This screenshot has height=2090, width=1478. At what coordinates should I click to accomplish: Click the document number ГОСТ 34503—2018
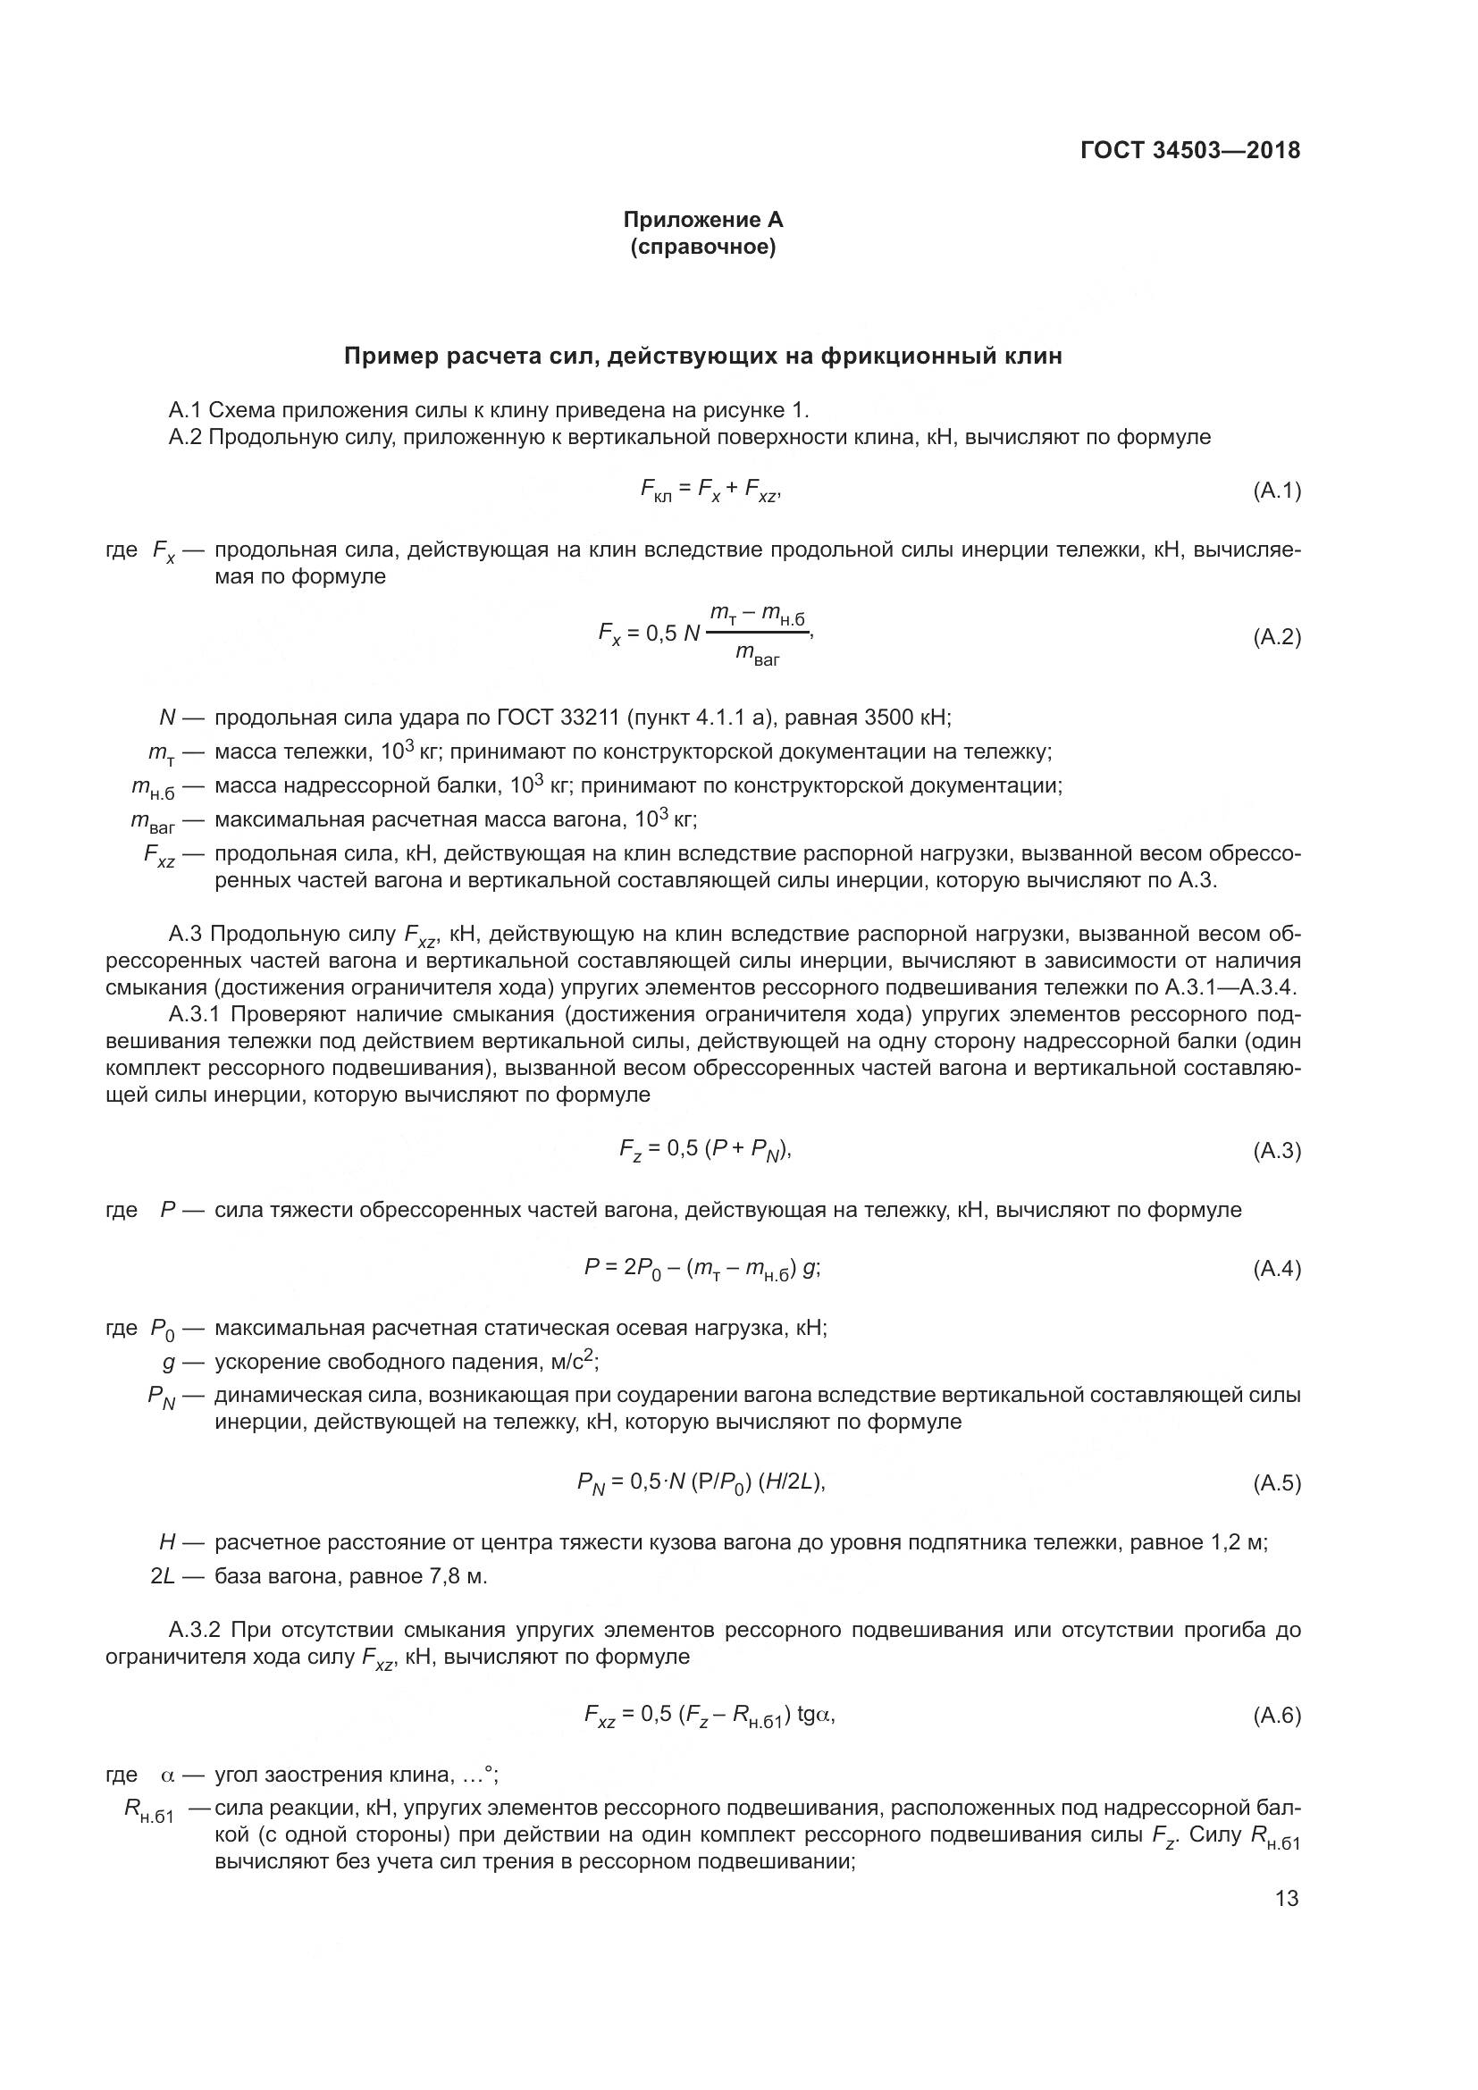tap(1190, 150)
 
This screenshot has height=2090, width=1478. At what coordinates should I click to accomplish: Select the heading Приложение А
tap(702, 220)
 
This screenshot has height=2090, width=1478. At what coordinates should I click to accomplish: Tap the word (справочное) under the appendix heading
tap(702, 247)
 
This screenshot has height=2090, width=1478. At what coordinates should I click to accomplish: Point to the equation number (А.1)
tap(1277, 491)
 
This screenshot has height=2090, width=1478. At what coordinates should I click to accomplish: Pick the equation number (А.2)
tap(1277, 637)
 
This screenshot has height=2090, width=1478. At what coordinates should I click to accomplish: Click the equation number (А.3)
tap(1277, 1151)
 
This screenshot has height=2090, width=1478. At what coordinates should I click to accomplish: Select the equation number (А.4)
tap(1277, 1269)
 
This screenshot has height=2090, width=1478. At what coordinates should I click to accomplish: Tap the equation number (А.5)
tap(1277, 1484)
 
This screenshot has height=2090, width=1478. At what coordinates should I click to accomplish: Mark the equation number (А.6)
tap(1277, 1716)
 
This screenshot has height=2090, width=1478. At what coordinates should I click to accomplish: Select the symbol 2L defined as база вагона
tap(163, 1576)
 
